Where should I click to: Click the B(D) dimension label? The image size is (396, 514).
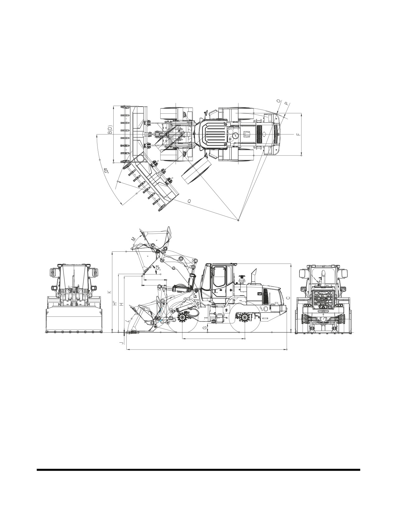coord(110,130)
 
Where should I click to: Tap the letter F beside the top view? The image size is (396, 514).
coord(299,134)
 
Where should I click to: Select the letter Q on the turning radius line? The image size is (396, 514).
coord(189,201)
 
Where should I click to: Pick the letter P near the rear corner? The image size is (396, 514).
coord(286,104)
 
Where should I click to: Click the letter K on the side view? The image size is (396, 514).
coord(109,292)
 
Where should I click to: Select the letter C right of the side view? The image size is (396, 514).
coord(288,298)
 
